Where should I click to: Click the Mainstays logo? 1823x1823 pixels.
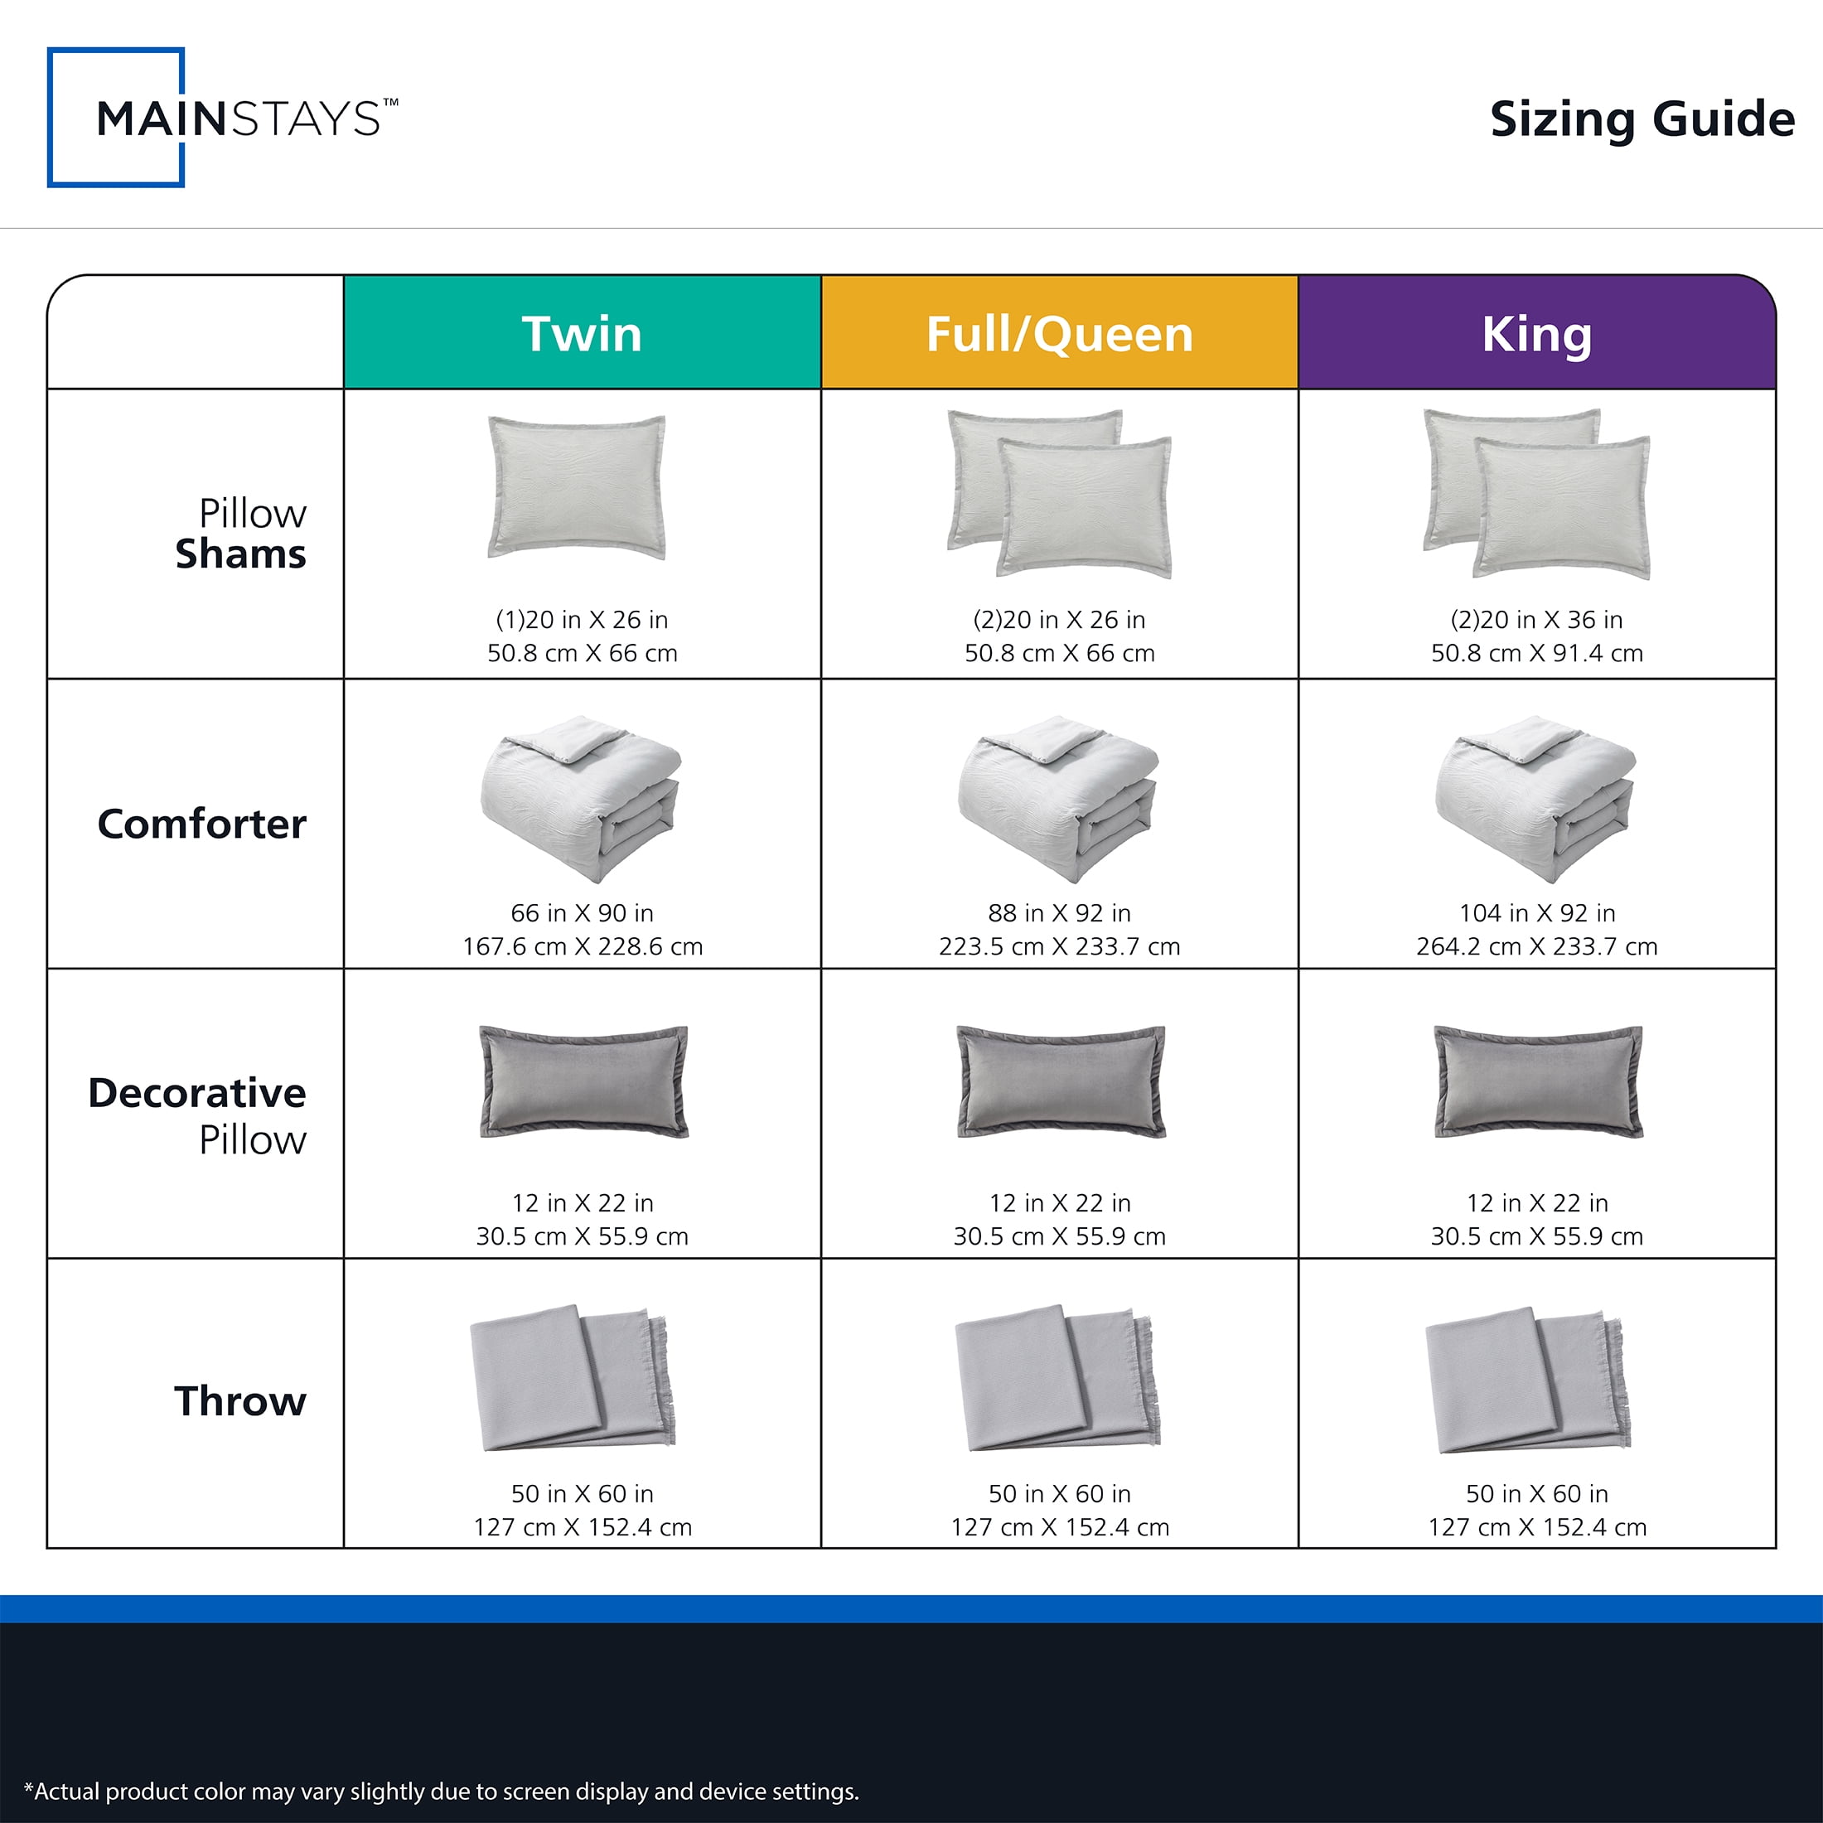point(223,117)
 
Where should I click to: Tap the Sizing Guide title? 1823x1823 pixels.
point(1642,120)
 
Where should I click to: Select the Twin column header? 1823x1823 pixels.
point(583,333)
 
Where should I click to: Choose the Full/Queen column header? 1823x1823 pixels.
point(1060,333)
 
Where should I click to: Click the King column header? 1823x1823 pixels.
point(1537,333)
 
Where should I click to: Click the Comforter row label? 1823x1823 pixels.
point(202,824)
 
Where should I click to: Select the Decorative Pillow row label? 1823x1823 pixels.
point(197,1115)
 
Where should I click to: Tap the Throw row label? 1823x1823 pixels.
point(240,1401)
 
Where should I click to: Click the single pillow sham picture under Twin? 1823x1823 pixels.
point(577,487)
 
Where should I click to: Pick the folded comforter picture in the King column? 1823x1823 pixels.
point(1536,798)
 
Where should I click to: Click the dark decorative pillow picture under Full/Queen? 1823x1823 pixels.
point(1061,1081)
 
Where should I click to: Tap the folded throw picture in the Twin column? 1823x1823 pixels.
point(573,1378)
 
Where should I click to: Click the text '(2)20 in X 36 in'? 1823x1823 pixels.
point(1537,620)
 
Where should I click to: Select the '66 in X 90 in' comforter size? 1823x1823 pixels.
point(583,913)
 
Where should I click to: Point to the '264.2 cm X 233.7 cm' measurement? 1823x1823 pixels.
point(1537,946)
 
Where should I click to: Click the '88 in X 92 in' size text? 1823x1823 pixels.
point(1060,913)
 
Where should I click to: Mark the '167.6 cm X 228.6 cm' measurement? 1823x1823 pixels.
point(583,946)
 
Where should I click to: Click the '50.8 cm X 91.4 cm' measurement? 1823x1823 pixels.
point(1537,653)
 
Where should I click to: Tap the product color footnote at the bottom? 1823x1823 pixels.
point(442,1791)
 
